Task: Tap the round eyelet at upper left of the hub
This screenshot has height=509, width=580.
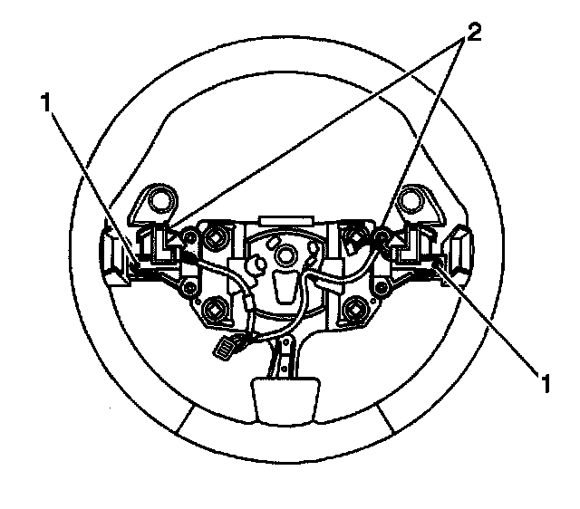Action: tap(163, 197)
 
